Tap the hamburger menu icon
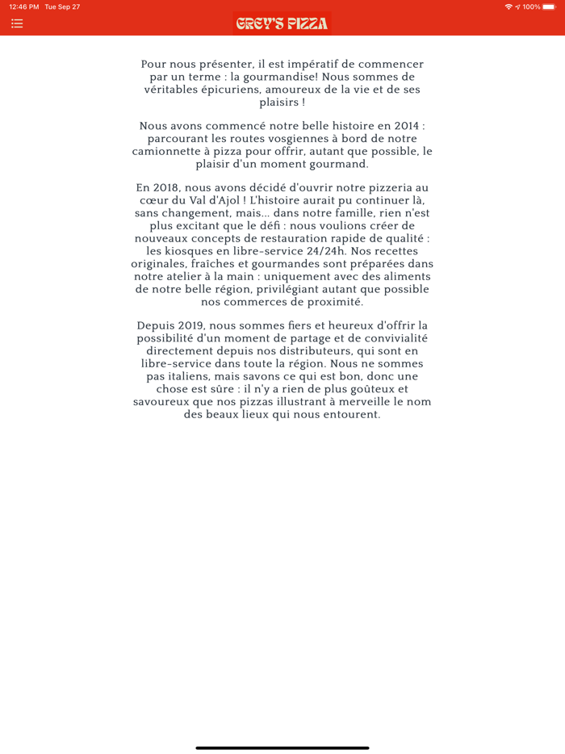tap(17, 23)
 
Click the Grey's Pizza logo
tap(282, 23)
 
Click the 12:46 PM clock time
tap(23, 6)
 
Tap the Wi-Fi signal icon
tap(508, 6)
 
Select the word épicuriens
tap(221, 90)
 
